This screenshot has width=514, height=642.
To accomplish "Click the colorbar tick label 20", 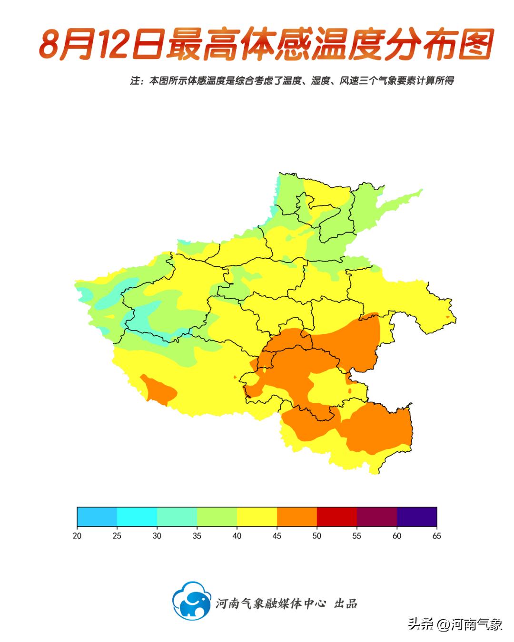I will pos(77,536).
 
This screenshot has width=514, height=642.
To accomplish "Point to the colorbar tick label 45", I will pos(277,536).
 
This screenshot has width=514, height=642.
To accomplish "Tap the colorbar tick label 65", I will pos(436,536).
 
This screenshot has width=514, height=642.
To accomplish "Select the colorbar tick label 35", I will pos(197,536).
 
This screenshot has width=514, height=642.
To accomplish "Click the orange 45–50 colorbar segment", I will pos(297,516).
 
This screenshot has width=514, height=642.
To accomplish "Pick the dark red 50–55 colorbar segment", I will pos(336,516).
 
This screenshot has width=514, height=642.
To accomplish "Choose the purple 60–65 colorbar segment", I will pos(416,516).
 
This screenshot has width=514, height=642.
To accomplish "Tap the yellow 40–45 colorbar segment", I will pos(257,516).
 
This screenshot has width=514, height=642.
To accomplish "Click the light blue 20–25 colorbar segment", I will pos(97,516).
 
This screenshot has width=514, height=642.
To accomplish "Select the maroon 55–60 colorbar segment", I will pos(376,516).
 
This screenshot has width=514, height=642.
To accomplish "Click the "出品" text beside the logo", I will pos(346,603).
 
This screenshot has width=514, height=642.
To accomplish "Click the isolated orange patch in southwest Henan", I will pos(160,390).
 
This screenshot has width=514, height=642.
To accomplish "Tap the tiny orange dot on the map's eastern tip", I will pos(447,317).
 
